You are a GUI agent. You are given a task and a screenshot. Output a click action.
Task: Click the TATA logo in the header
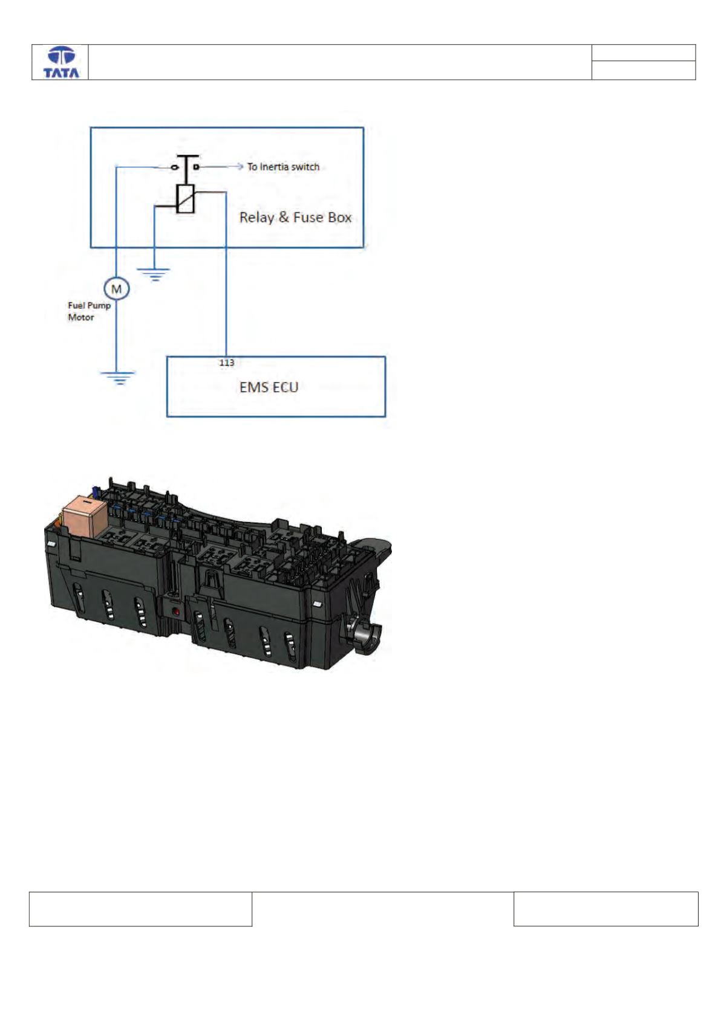61,62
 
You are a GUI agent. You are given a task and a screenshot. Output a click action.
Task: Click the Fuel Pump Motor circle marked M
117,289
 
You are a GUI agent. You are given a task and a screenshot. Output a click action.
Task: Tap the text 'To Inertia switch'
283,167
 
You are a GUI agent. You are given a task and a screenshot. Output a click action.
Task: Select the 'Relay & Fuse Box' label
295,218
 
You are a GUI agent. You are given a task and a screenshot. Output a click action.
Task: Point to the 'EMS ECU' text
269,387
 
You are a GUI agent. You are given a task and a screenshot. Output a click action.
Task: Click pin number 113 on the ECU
227,363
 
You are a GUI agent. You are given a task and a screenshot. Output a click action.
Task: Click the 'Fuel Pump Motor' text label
89,311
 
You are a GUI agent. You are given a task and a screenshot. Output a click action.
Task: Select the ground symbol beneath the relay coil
155,274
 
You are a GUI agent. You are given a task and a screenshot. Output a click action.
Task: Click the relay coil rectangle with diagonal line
186,199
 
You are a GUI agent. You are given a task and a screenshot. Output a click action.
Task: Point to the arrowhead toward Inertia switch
240,167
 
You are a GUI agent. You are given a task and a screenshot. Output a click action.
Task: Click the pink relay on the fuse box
85,515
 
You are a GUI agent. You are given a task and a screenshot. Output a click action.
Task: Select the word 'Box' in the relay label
340,218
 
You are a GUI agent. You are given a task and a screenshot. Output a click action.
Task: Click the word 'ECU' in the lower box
284,387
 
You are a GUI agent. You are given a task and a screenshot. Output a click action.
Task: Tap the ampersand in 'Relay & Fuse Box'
284,218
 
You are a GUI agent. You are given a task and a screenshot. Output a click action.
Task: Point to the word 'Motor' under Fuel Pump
81,317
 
